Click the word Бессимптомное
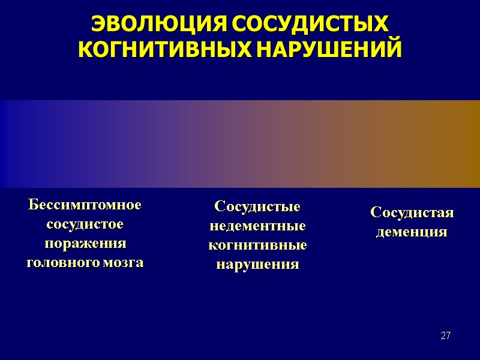(x=85, y=205)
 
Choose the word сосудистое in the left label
(x=85, y=224)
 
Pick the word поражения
(x=85, y=244)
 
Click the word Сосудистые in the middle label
(x=257, y=207)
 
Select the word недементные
(x=257, y=226)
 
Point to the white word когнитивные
(x=257, y=245)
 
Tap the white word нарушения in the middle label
(x=257, y=265)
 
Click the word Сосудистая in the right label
(x=412, y=212)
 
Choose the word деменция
(x=412, y=232)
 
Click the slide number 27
(x=445, y=335)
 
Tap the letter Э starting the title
(x=97, y=25)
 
